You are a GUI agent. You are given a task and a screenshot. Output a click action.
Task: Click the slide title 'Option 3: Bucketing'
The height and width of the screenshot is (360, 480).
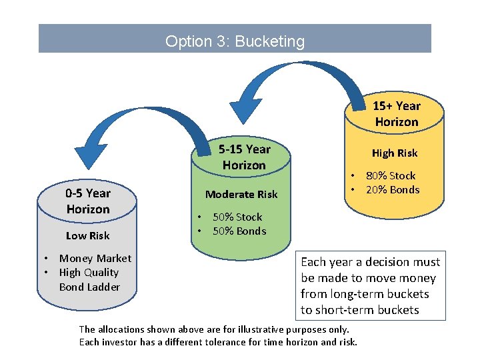pyautogui.click(x=235, y=41)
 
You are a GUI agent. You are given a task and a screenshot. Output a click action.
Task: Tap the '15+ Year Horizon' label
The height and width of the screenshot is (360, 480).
pyautogui.click(x=396, y=114)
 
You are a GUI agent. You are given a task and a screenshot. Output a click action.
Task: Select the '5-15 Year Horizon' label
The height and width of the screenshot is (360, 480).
pyautogui.click(x=244, y=157)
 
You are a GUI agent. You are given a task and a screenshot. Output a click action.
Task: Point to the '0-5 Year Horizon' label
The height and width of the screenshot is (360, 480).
pyautogui.click(x=88, y=201)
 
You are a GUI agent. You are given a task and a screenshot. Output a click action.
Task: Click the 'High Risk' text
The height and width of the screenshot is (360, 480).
pyautogui.click(x=395, y=153)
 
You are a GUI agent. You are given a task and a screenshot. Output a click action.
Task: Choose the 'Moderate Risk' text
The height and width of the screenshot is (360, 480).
pyautogui.click(x=241, y=194)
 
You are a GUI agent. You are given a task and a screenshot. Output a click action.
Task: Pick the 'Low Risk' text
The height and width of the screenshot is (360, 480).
pyautogui.click(x=88, y=235)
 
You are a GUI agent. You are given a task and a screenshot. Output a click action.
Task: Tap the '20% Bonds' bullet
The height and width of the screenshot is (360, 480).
pyautogui.click(x=393, y=190)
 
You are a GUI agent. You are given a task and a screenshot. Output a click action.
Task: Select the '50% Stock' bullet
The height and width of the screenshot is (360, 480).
pyautogui.click(x=237, y=217)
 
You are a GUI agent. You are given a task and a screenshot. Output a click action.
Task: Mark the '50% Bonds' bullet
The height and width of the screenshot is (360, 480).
pyautogui.click(x=239, y=231)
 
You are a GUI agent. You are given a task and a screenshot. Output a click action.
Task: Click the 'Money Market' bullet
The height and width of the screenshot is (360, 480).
pyautogui.click(x=95, y=259)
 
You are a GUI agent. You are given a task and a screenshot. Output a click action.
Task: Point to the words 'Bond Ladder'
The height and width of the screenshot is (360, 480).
pyautogui.click(x=89, y=287)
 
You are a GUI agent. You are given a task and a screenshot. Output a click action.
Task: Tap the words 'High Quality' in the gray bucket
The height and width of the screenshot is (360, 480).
pyautogui.click(x=89, y=273)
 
